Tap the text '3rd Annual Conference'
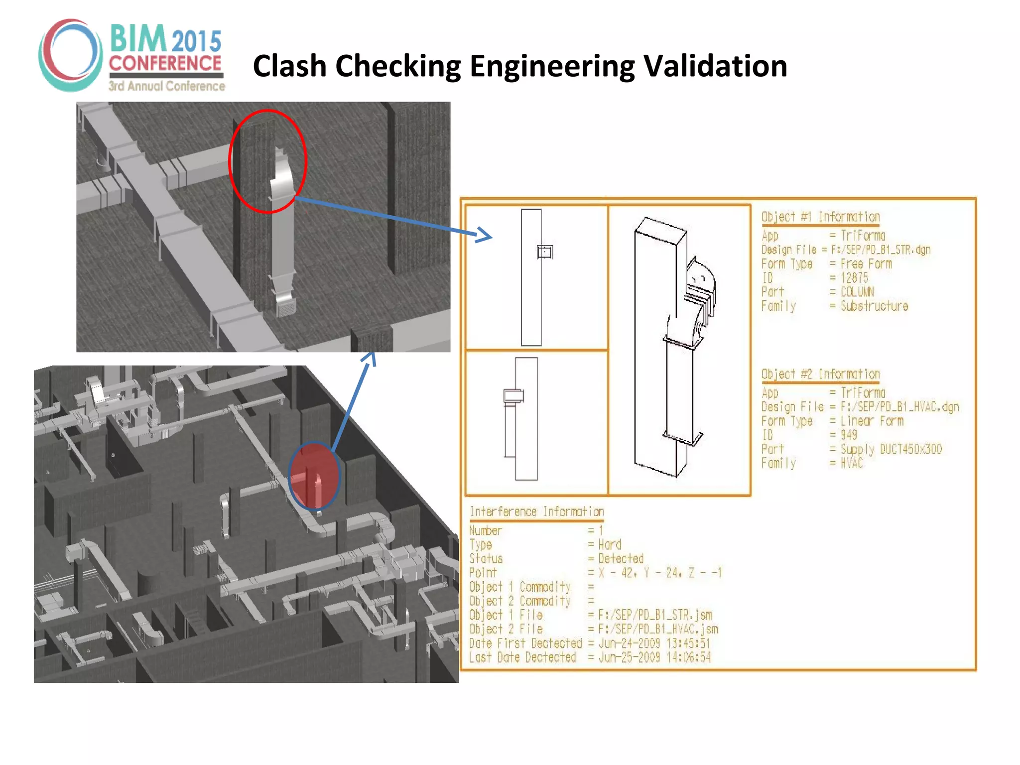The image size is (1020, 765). point(167,86)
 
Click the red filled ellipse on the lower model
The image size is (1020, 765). point(314,476)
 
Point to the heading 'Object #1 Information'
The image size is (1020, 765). point(820,217)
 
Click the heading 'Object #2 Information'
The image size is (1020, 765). point(820,374)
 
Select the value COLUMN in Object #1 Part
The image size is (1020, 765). point(857,292)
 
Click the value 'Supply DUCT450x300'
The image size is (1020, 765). point(891,449)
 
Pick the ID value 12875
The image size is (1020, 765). point(854,278)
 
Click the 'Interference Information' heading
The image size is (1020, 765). point(536,512)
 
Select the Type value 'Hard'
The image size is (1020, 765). point(610,544)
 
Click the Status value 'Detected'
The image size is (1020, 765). point(621,558)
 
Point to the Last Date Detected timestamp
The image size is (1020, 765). point(654,657)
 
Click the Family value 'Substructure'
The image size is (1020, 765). point(874,306)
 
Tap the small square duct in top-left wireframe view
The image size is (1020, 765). point(544,252)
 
